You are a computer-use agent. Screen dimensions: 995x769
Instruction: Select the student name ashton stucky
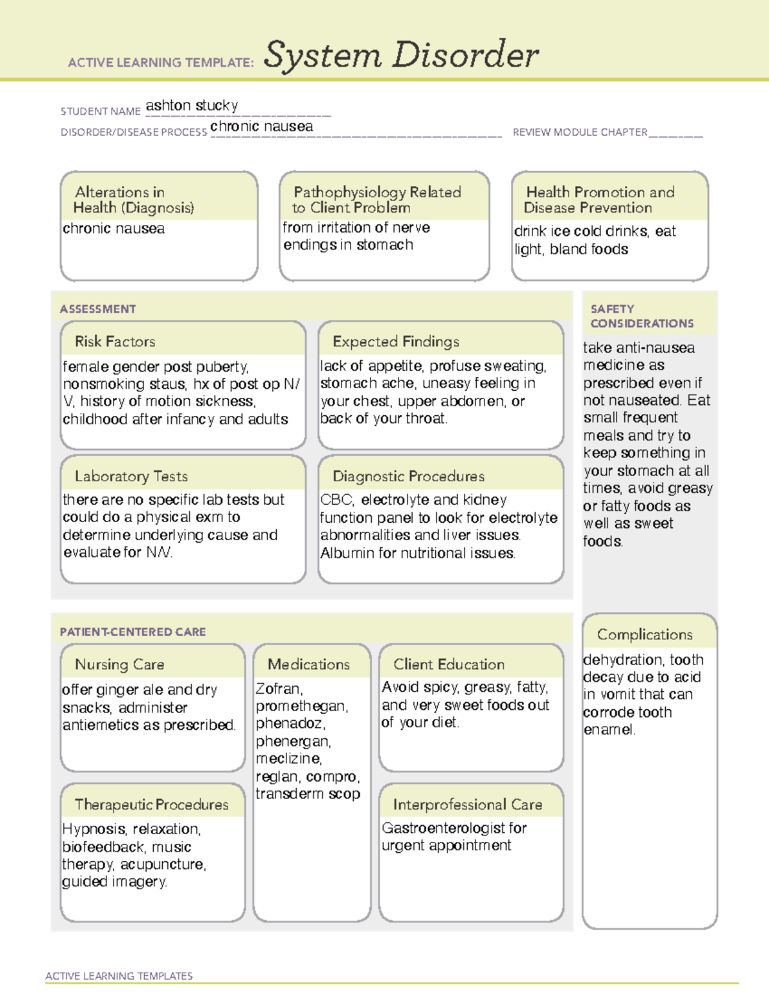(192, 105)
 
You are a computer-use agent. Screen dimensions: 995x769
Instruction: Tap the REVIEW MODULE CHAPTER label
(580, 132)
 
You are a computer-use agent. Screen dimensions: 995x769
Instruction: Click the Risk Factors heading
(115, 341)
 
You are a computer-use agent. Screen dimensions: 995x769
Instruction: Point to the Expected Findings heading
(395, 341)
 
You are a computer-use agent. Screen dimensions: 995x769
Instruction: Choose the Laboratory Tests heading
(131, 476)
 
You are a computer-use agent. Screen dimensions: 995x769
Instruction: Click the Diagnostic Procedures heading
(408, 476)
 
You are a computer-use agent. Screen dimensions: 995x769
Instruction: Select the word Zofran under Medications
(278, 689)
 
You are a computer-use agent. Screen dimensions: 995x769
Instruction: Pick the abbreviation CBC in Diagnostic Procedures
(336, 500)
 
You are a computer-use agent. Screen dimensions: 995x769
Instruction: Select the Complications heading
(645, 634)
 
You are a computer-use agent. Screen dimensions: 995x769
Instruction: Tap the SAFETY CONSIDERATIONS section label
(641, 316)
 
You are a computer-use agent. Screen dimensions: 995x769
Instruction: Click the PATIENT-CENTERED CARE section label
(133, 632)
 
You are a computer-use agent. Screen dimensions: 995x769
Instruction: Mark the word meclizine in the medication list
(288, 759)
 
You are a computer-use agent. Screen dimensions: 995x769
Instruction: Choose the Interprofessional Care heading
(467, 804)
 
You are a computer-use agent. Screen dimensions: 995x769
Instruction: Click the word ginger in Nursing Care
(113, 690)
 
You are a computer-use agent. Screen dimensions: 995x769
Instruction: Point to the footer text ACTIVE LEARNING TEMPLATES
(119, 976)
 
